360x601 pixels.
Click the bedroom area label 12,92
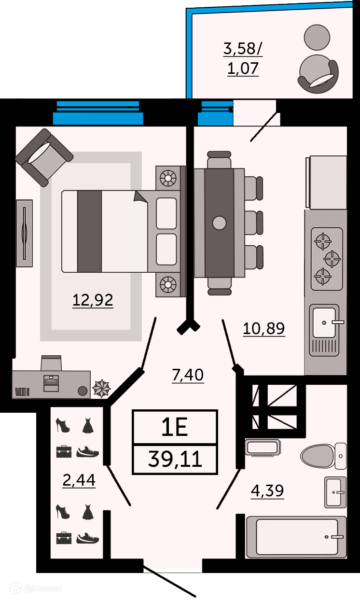click(93, 300)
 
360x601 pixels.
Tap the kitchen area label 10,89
click(263, 328)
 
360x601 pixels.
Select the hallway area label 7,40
click(188, 375)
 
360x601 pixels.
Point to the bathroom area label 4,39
click(267, 490)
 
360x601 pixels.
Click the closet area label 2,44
click(79, 480)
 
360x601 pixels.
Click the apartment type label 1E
click(174, 427)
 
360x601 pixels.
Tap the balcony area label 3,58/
click(243, 49)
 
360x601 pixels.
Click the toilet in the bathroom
click(323, 456)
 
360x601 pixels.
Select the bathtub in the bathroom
click(296, 537)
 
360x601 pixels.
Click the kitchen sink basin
click(325, 323)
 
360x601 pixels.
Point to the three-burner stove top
click(327, 259)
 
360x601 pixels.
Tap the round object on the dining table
click(219, 223)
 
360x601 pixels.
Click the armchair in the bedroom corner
click(44, 157)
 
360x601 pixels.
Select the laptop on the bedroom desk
click(51, 383)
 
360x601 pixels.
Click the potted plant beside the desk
click(101, 388)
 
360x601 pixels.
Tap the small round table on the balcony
click(317, 37)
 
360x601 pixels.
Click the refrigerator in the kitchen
click(326, 182)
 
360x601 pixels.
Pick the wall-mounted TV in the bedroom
click(25, 233)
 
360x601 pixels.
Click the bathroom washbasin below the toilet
click(335, 492)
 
